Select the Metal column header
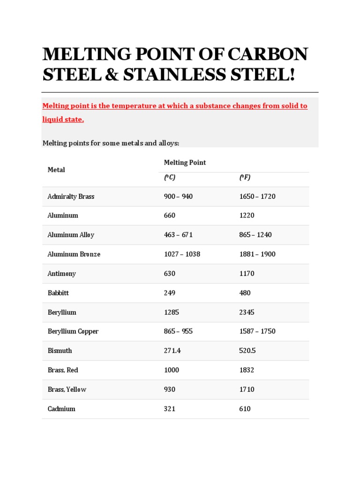coord(56,170)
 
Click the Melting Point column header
coord(185,163)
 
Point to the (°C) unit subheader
coord(169,178)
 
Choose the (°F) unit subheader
coord(245,178)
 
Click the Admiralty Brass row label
coord(71,196)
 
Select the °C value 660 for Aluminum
coord(170,216)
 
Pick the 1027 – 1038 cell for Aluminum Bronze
coord(182,254)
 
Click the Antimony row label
coord(61,273)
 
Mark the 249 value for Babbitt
coord(170,293)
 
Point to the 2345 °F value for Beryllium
coord(247,312)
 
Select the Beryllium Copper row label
coord(73,331)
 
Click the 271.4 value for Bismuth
coord(172,351)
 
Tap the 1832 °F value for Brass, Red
coord(247,370)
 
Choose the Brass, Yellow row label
coord(67,390)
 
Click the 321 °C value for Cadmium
coord(170,409)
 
